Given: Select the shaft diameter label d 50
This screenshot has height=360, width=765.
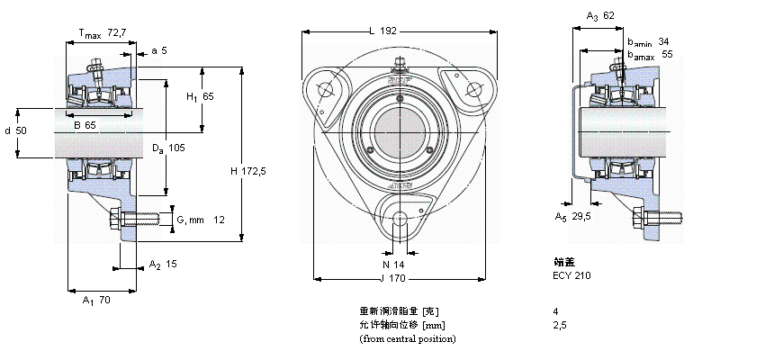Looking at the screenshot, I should point(16,131).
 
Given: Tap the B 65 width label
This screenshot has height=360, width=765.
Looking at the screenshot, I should point(85,125).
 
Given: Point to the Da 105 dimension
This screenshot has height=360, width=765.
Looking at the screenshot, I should point(167,148).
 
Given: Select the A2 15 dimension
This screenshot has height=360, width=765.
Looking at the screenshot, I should point(163,265).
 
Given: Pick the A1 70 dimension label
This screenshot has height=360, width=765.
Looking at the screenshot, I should point(96,300).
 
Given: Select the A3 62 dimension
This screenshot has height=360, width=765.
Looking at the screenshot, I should point(600,15).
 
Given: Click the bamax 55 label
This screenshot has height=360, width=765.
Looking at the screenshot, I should point(650,54).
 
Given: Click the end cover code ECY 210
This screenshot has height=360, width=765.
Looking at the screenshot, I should point(573,275).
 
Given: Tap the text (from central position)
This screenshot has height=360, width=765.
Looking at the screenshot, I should point(407,338).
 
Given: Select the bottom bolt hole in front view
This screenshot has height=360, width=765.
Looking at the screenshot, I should point(398,217).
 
